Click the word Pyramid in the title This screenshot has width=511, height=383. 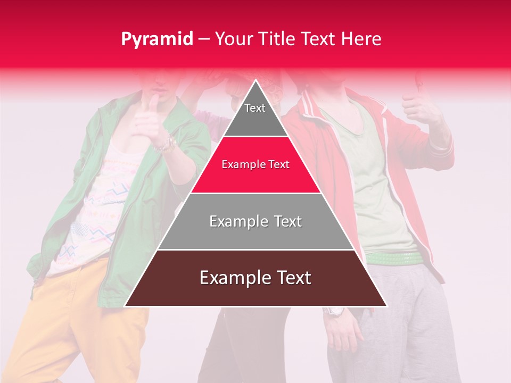(157, 39)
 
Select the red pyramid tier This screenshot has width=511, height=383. (256, 165)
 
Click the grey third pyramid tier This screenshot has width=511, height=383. (256, 221)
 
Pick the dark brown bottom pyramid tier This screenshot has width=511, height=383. (256, 278)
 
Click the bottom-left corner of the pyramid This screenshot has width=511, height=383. (126, 306)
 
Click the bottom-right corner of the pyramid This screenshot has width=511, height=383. (386, 306)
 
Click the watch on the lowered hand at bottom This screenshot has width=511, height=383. (336, 311)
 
